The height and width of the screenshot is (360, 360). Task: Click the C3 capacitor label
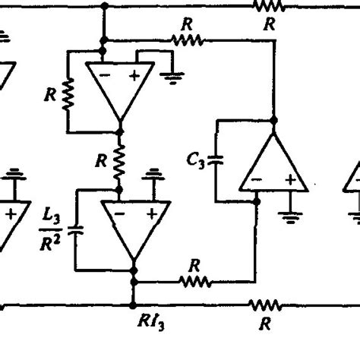196,159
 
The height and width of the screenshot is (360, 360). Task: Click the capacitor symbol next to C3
216,160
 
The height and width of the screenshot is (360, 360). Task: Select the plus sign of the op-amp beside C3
289,180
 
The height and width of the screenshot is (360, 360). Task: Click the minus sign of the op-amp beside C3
257,180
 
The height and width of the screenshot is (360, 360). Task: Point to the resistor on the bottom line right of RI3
265,305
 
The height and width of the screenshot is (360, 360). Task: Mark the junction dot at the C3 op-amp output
273,120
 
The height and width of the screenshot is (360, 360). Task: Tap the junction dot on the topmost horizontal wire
103,5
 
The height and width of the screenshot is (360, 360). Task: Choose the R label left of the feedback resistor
50,95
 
